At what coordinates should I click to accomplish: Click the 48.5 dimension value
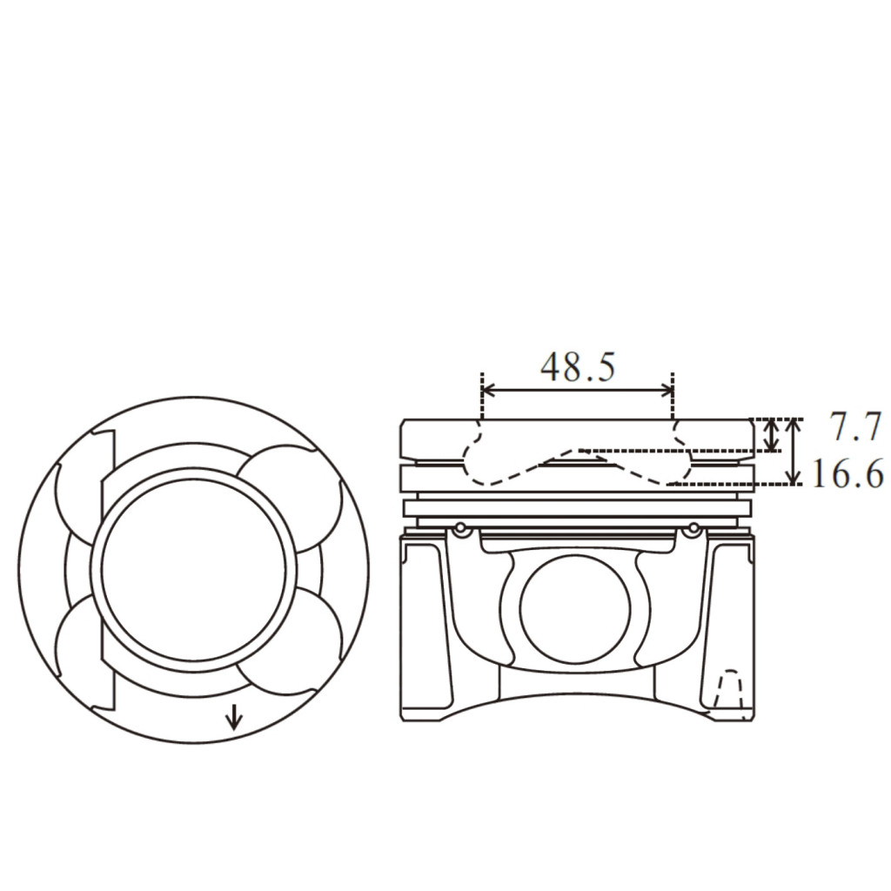578,367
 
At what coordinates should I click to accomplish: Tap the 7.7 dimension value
855,426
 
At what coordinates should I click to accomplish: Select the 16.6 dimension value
847,473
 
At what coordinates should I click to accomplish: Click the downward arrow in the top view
233,717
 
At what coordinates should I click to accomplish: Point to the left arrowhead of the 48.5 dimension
487,390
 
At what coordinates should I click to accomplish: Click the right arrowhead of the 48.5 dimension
667,390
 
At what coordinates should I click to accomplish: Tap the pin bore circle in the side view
575,608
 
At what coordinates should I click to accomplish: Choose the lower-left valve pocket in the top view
79,642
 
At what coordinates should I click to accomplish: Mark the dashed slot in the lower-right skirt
729,689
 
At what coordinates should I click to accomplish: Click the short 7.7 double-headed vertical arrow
771,435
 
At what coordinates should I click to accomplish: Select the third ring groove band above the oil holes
578,508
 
